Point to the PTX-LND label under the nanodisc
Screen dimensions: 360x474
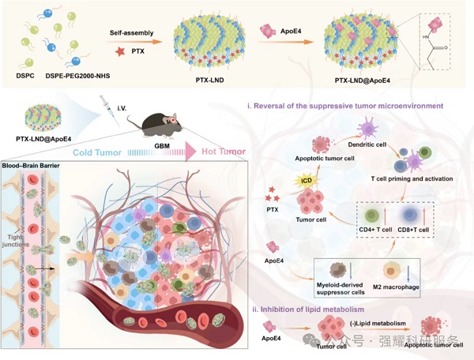coord(208,81)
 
